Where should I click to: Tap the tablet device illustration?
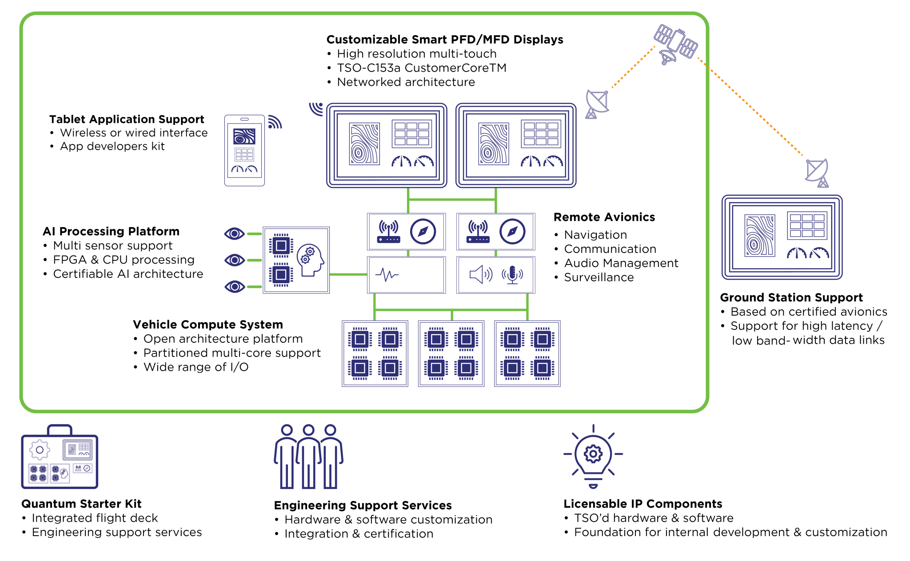(244, 150)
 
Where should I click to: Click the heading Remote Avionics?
(604, 217)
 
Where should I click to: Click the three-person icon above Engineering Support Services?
(308, 457)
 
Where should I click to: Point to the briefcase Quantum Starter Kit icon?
(60, 458)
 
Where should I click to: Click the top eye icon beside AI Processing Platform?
(235, 233)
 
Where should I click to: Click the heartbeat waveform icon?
(387, 275)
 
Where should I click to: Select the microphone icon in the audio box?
(512, 275)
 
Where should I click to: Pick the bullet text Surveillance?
(599, 277)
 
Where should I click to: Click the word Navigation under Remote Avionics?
(595, 235)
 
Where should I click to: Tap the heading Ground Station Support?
(791, 297)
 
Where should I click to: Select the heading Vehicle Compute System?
(208, 325)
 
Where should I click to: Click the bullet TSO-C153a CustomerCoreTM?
(421, 68)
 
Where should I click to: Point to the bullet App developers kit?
(112, 146)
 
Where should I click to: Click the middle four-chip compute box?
(451, 354)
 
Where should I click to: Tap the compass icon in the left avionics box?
(423, 232)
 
